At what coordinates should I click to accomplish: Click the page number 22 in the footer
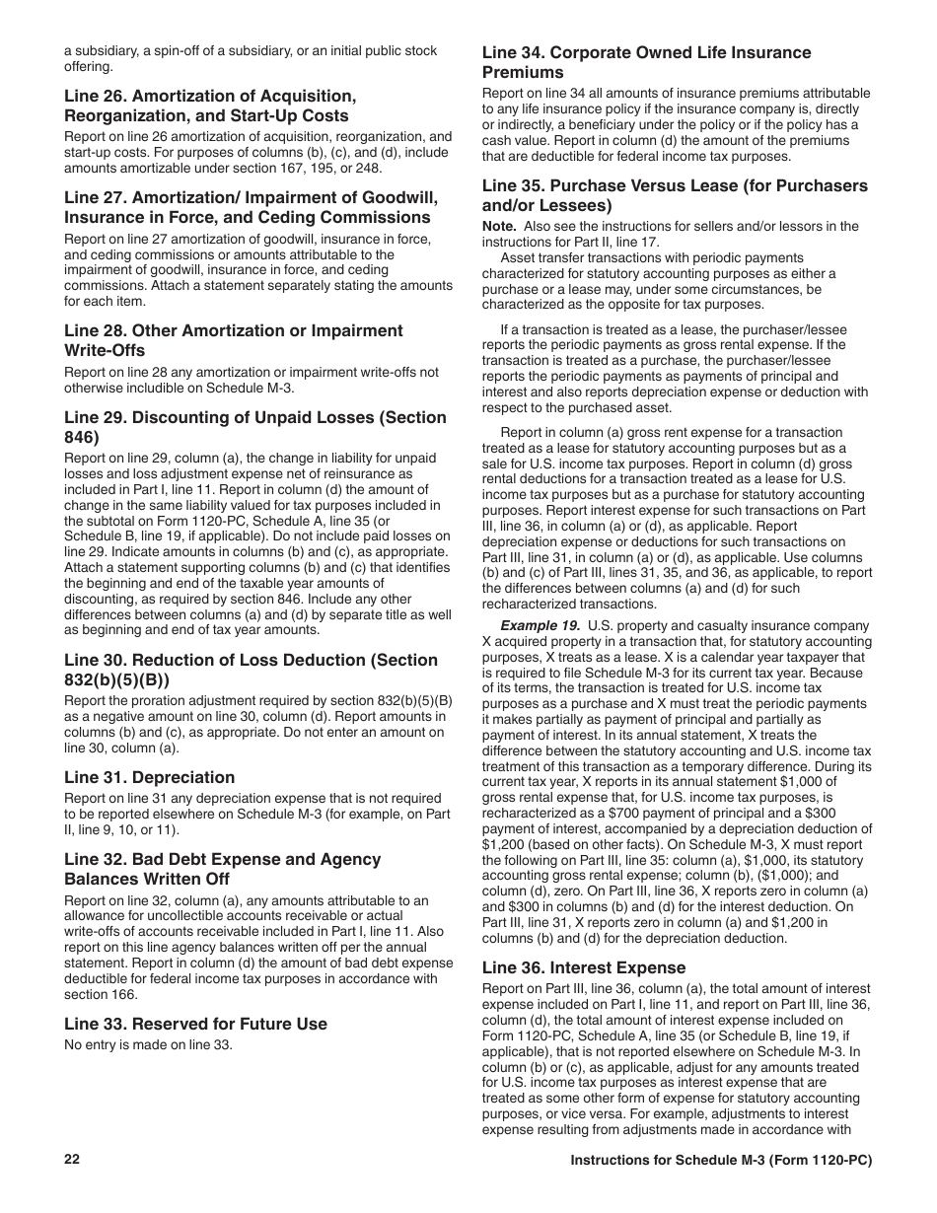[72, 1160]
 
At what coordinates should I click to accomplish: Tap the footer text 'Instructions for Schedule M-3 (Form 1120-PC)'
[721, 1161]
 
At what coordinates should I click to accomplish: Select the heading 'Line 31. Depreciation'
[150, 777]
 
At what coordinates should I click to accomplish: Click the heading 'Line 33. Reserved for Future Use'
[195, 1024]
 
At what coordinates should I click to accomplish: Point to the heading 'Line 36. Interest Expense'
[583, 967]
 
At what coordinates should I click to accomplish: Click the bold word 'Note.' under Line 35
[499, 226]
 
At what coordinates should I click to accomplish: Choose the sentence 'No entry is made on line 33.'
[149, 1044]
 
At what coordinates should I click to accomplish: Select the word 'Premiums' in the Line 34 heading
[523, 72]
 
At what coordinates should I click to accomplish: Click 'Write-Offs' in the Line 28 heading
[105, 350]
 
